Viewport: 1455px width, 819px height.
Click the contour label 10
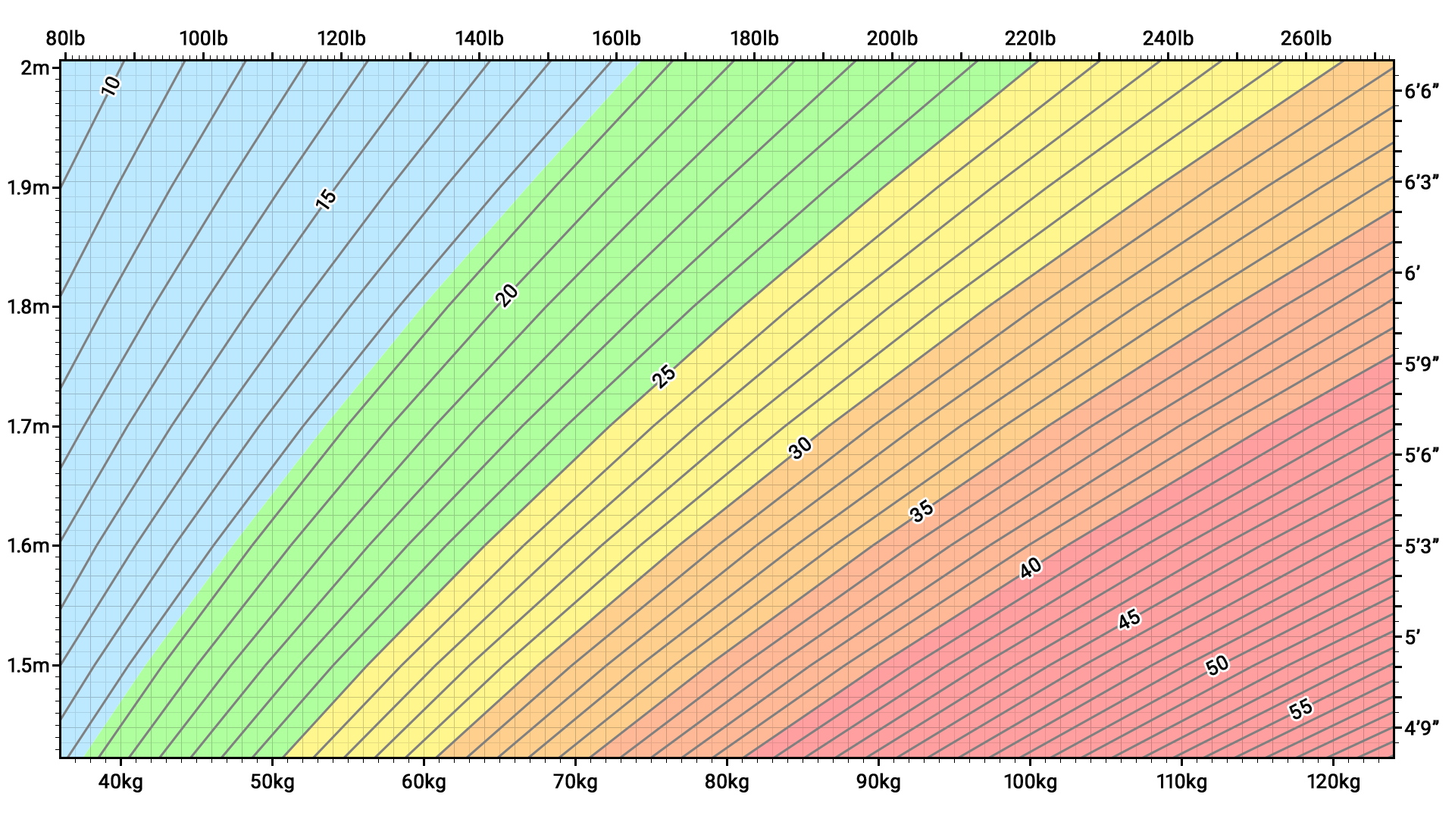[111, 86]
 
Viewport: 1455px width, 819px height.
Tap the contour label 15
[325, 199]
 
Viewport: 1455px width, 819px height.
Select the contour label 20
[507, 295]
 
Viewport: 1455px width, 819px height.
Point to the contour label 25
[664, 376]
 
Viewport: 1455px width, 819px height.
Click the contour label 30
[800, 448]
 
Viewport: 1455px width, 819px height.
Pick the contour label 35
[921, 512]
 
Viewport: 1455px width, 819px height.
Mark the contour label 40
[1031, 568]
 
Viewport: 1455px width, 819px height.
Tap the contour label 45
[1129, 620]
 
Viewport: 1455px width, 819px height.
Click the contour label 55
[1300, 710]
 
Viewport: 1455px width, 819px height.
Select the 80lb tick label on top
[66, 39]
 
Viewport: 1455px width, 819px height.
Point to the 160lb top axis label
[616, 39]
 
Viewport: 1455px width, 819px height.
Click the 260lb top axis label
[1306, 39]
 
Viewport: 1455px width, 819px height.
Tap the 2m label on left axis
[35, 68]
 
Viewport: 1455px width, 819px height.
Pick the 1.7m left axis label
[29, 427]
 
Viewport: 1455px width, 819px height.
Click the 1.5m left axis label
[29, 666]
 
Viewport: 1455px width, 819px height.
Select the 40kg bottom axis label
[120, 782]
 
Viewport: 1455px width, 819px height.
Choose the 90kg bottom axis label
[878, 782]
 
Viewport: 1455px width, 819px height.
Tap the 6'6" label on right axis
[1422, 92]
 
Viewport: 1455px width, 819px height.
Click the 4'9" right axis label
[1422, 729]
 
